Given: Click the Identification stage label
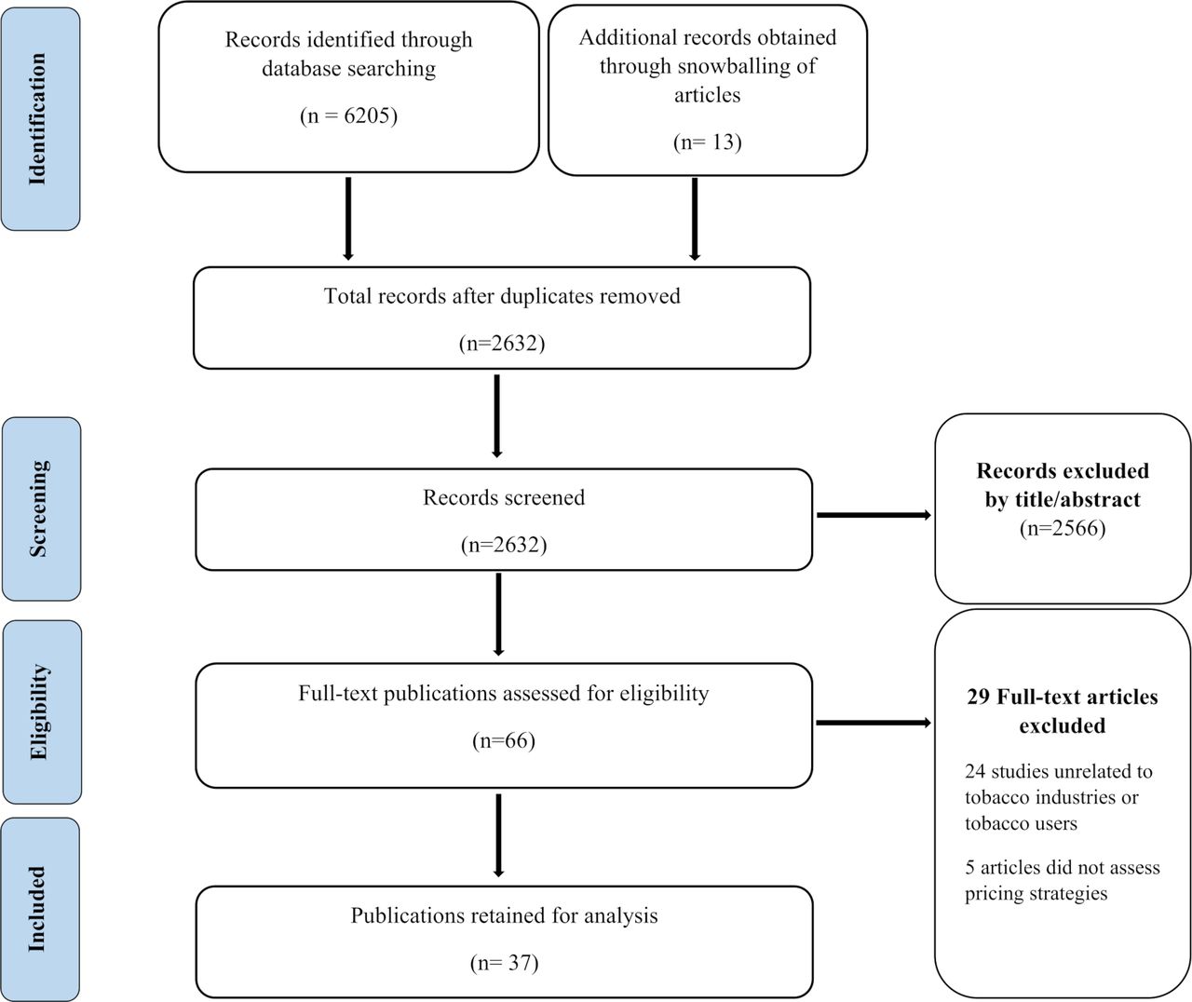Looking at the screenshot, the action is (37, 119).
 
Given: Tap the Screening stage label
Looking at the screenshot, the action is (38, 508).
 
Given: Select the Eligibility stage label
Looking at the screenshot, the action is (39, 712).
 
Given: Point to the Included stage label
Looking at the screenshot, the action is (37, 909).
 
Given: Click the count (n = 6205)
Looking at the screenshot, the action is (349, 115).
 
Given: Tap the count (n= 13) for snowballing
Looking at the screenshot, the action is (708, 142).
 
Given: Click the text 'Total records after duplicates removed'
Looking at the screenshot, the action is (502, 296).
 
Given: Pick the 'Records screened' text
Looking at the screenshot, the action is (504, 497).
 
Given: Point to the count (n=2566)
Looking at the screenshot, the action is (1063, 528).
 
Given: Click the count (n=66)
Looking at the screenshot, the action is (504, 740).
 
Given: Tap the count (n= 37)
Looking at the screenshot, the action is (504, 963).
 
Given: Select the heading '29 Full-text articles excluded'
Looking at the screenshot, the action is (1063, 711).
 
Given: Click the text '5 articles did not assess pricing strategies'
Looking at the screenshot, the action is (1063, 880).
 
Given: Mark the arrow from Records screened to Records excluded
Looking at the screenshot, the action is (874, 515).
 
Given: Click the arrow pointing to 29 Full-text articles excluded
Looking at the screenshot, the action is (874, 723).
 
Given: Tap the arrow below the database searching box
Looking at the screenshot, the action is (348, 219).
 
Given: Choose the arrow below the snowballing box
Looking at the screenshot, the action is (695, 219).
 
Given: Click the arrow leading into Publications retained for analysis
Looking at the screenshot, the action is (498, 835).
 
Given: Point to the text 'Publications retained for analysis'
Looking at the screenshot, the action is (504, 915).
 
